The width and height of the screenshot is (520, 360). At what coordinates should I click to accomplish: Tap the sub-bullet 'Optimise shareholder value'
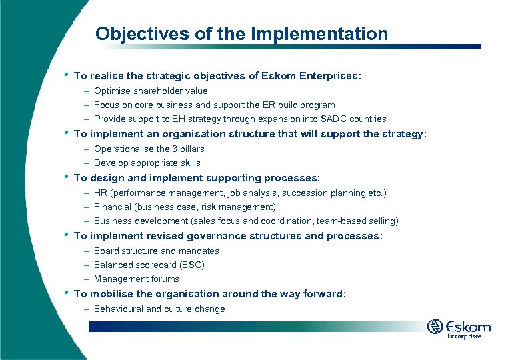click(x=151, y=91)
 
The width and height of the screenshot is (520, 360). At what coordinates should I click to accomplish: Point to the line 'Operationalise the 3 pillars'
click(x=149, y=149)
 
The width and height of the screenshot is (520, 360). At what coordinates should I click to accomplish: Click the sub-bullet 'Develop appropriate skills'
click(x=147, y=163)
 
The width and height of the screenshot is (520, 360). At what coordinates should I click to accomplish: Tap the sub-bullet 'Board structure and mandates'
click(x=156, y=251)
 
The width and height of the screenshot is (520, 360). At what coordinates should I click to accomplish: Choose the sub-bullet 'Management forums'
click(x=136, y=279)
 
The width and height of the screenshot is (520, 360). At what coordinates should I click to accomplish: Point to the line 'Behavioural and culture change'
click(x=159, y=309)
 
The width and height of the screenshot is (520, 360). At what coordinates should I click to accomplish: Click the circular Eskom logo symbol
click(x=435, y=327)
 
